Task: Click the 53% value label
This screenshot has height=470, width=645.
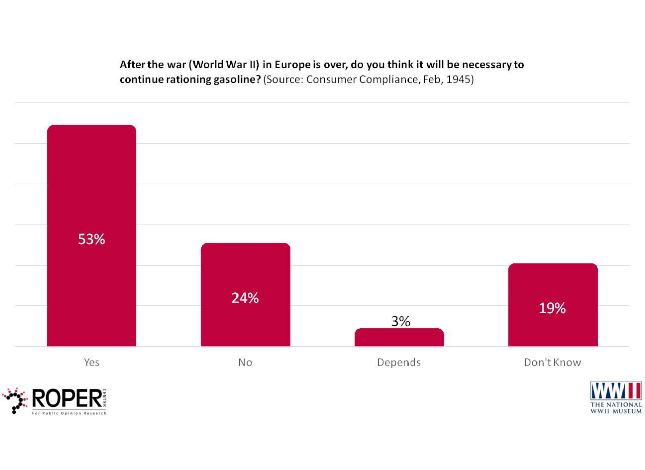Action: [91, 239]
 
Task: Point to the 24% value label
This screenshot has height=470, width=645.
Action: [245, 298]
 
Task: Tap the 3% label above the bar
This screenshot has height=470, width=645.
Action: [400, 321]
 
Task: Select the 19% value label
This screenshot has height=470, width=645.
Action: [552, 308]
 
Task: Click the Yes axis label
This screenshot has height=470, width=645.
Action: [91, 362]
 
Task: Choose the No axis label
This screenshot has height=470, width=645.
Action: [245, 362]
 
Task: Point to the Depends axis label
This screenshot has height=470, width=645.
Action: [399, 362]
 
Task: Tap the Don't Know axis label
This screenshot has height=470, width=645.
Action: [552, 362]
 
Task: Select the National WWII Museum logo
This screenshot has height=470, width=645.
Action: [616, 398]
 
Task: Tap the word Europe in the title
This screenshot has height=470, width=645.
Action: [292, 64]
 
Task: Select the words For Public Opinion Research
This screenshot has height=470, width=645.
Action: [69, 413]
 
